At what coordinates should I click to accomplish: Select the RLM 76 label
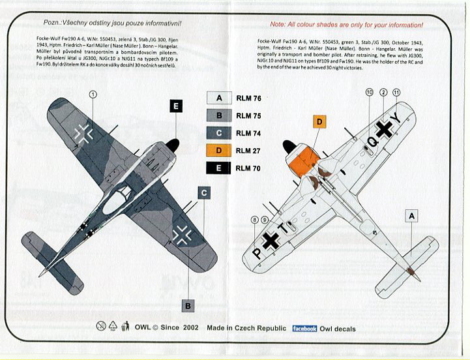click(x=248, y=99)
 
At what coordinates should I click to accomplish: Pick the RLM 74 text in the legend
click(x=248, y=134)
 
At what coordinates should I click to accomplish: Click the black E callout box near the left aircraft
click(x=177, y=106)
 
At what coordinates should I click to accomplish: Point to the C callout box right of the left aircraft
click(x=204, y=193)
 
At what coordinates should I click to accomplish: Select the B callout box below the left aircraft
click(x=187, y=305)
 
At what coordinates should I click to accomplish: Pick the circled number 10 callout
click(x=370, y=93)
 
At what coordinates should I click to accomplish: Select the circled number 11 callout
click(x=397, y=93)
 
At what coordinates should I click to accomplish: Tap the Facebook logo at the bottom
click(x=304, y=329)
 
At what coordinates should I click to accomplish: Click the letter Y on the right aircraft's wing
click(x=411, y=119)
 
